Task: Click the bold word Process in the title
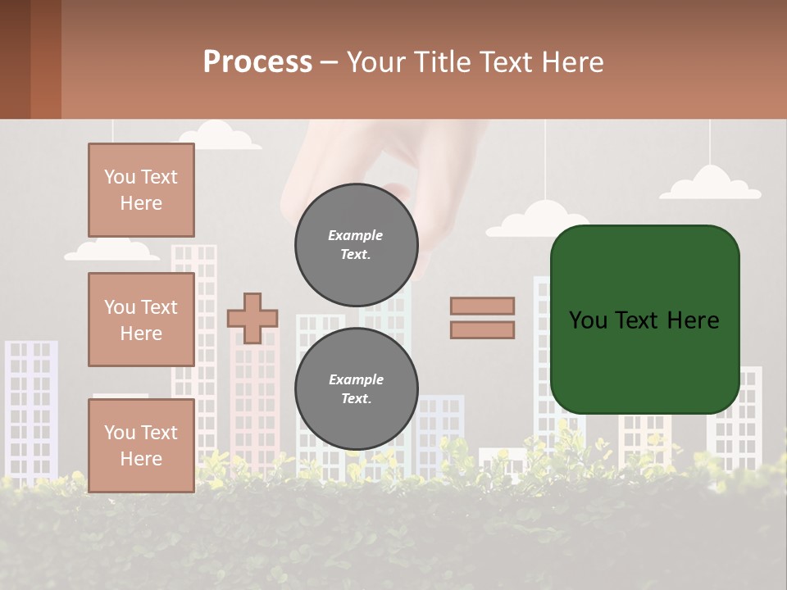click(257, 62)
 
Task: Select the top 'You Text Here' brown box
click(141, 190)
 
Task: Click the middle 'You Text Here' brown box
click(141, 320)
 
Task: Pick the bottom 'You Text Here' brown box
click(141, 445)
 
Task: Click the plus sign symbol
click(252, 318)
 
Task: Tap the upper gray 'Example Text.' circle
click(356, 245)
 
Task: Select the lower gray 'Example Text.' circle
click(356, 389)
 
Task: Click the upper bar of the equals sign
click(482, 306)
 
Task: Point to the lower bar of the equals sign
click(482, 329)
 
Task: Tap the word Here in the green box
click(693, 320)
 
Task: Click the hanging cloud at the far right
click(711, 184)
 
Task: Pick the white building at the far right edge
click(746, 410)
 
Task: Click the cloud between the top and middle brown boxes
click(112, 251)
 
